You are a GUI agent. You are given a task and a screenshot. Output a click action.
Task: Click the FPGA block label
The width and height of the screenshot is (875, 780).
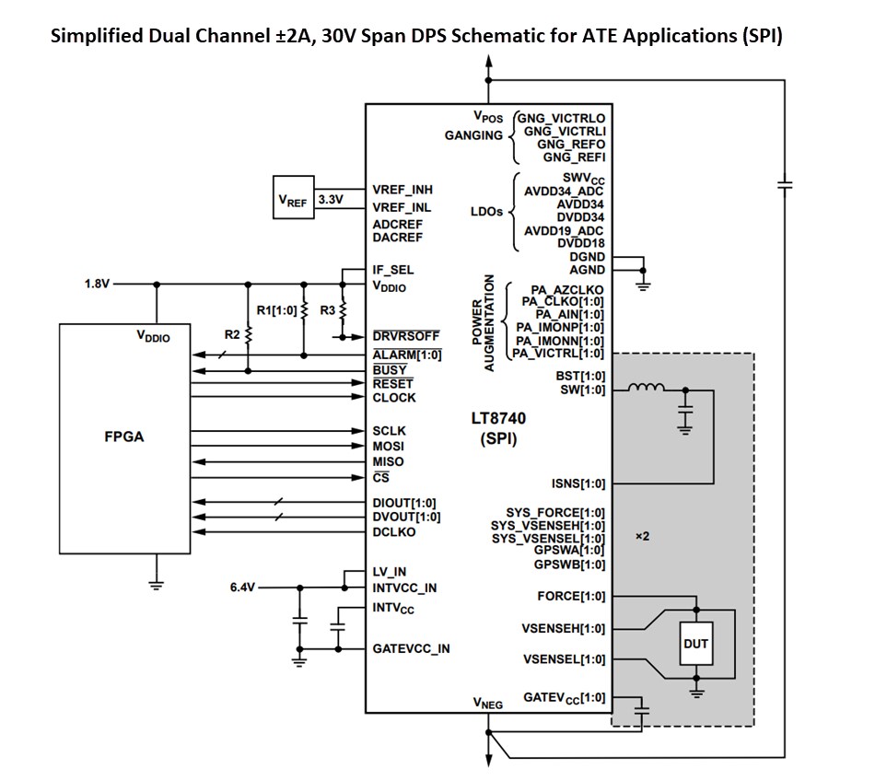[x=123, y=437]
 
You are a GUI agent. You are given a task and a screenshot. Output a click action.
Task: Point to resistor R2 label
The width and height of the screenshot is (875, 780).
[x=231, y=335]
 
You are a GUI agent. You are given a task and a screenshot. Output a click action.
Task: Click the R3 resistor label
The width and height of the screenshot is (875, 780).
[x=327, y=310]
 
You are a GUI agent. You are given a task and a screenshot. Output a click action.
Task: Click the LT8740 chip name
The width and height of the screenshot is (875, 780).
[x=498, y=418]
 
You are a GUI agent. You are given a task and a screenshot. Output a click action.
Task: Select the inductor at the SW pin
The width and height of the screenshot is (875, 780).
[x=647, y=389]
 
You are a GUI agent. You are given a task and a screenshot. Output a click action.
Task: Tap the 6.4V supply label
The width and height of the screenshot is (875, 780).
[x=244, y=587]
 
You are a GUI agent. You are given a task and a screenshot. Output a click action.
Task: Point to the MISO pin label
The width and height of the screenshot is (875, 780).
[x=388, y=461]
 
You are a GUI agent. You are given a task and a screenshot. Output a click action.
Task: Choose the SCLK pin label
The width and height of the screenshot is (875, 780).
[x=389, y=430]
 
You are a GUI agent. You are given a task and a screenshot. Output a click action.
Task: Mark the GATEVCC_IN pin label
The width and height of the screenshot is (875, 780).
[x=411, y=648]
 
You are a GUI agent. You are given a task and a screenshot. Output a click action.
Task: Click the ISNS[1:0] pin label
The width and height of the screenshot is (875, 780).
[x=577, y=483]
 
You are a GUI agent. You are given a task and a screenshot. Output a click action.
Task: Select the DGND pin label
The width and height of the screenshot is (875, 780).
[x=587, y=257]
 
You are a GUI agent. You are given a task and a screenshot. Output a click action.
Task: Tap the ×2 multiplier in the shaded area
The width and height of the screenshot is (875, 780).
[x=643, y=536]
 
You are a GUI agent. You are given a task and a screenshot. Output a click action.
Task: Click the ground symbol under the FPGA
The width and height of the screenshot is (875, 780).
[x=157, y=582]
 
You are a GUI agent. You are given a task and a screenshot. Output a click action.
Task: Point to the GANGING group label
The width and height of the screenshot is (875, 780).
[x=473, y=135]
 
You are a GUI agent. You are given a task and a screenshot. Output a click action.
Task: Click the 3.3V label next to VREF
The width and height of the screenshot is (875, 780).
[x=329, y=199]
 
